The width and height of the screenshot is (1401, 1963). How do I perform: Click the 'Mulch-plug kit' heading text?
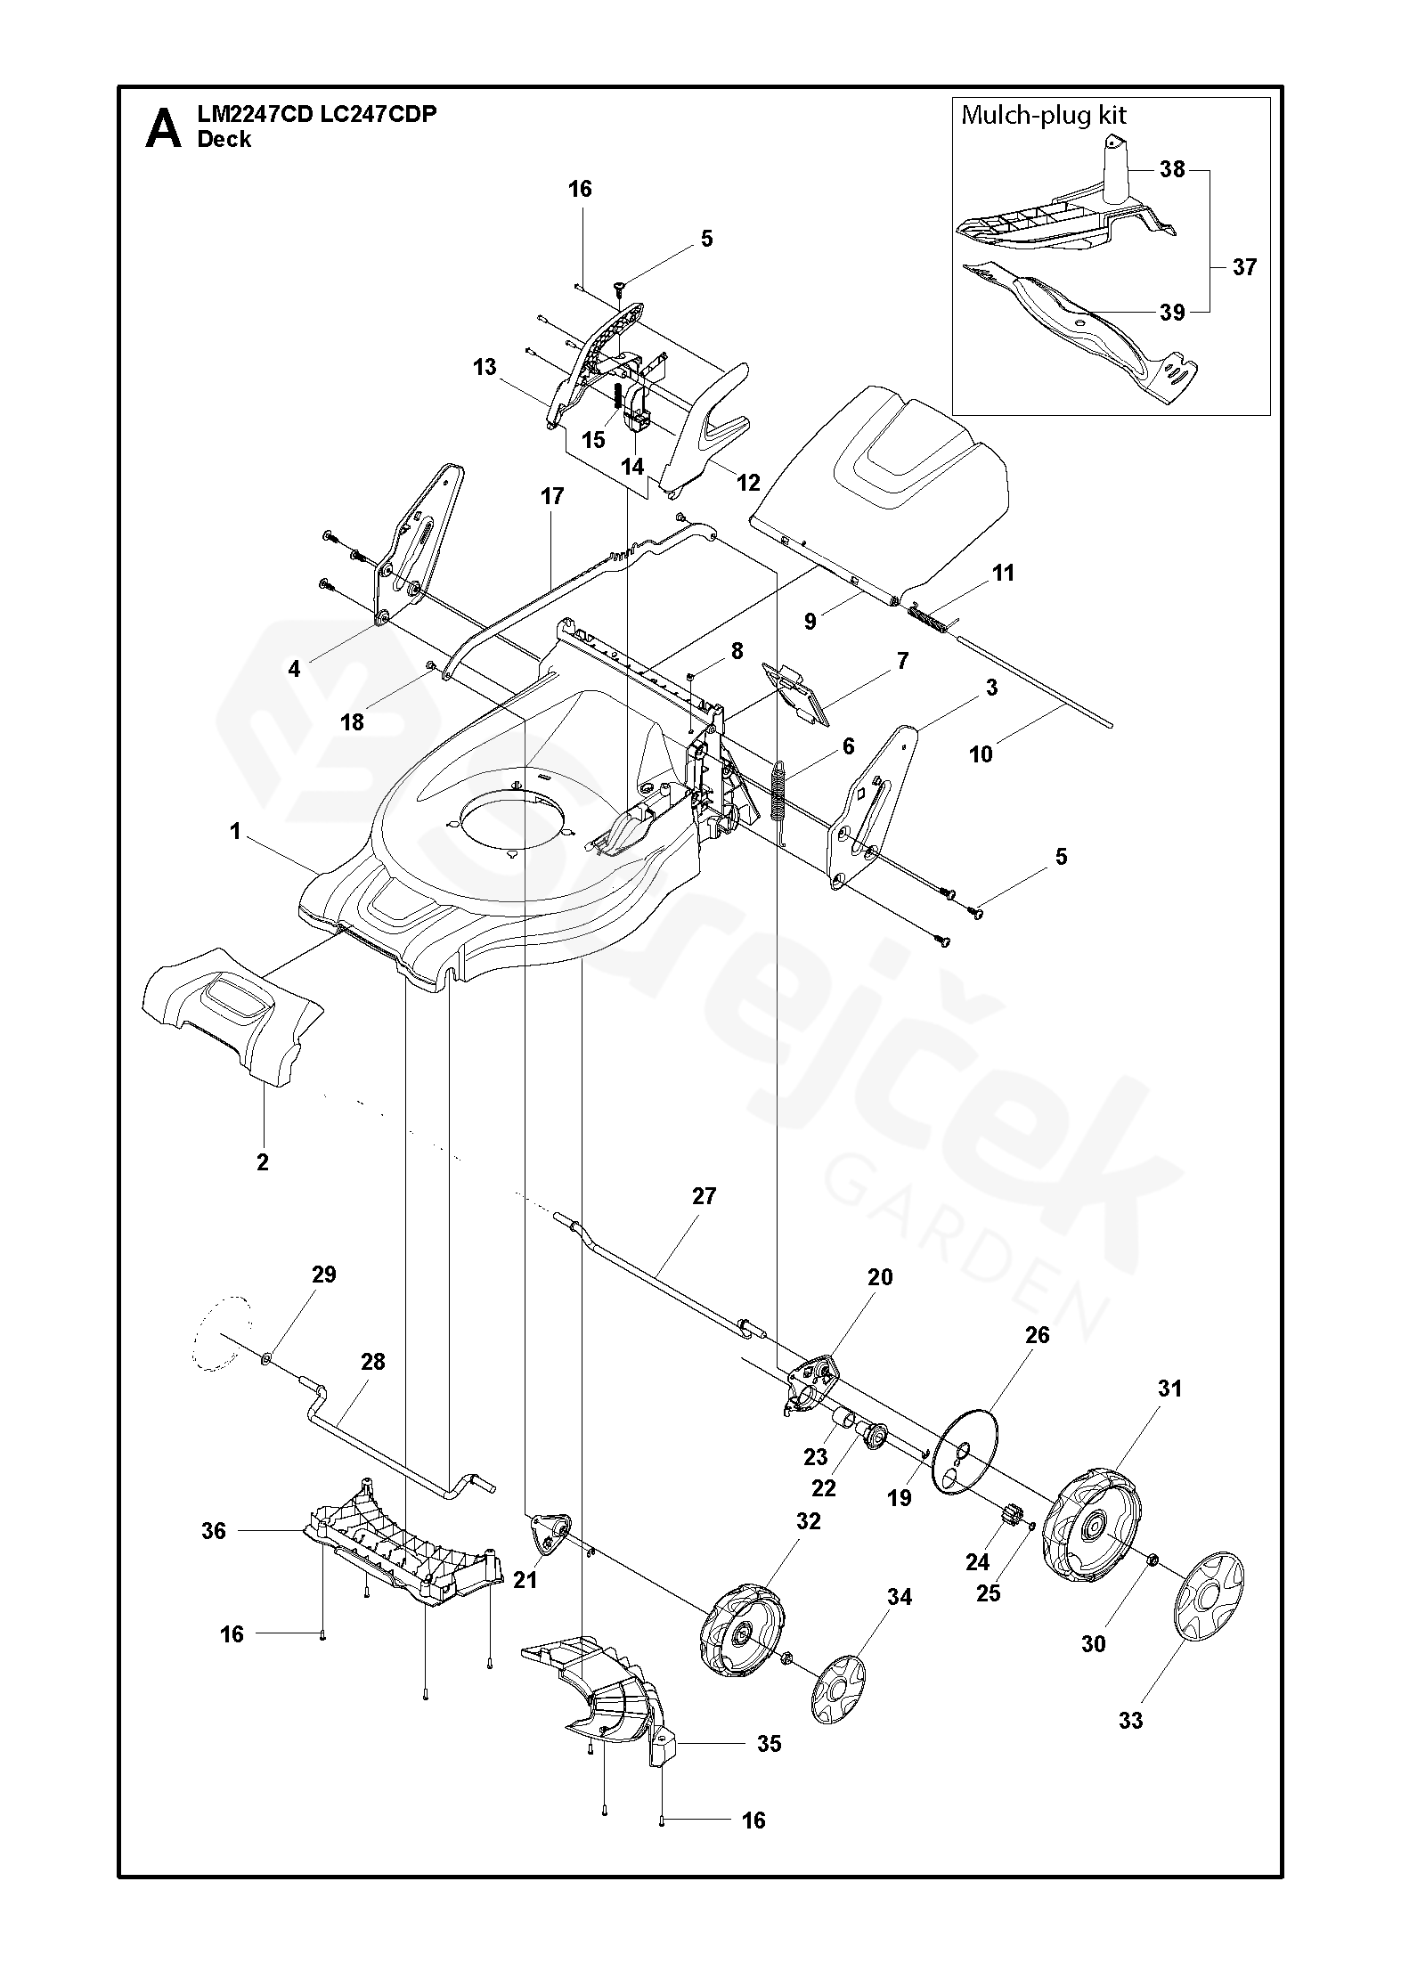[1044, 115]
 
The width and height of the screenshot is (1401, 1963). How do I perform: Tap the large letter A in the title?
[163, 128]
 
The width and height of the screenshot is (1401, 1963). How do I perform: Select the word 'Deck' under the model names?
[224, 140]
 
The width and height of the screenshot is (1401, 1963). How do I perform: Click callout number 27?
[704, 1196]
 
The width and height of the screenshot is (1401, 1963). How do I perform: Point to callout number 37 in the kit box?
[1244, 266]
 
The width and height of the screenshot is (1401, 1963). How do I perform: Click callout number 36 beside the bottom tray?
[214, 1531]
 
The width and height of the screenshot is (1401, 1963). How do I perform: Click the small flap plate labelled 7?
[795, 690]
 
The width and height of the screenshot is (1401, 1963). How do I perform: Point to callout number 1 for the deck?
[235, 832]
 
